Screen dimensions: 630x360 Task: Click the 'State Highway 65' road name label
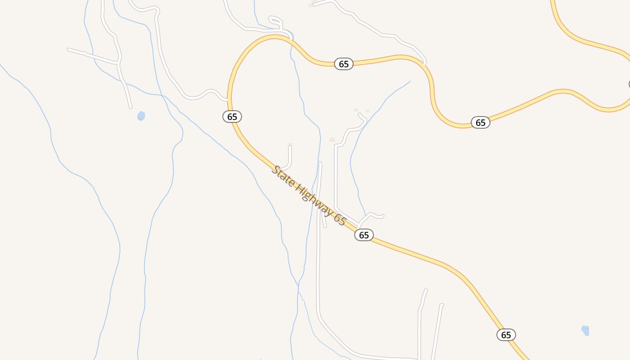tap(309, 196)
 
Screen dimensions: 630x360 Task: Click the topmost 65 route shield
tap(344, 64)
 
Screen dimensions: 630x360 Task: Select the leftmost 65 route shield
tap(232, 117)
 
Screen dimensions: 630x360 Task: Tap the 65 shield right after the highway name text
tap(364, 235)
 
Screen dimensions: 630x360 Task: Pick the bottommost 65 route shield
tap(506, 335)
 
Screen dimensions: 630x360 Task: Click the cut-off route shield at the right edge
tap(629, 84)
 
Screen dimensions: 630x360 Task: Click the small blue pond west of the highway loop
tap(141, 116)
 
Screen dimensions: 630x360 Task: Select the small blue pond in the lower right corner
tap(585, 331)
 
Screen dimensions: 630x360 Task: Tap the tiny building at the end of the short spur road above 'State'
tap(291, 144)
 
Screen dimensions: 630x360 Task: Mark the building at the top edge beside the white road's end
tap(310, 5)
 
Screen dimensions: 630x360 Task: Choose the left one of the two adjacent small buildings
tap(356, 110)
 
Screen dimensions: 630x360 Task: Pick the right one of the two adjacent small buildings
tap(368, 111)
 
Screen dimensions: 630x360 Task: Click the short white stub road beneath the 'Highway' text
tap(324, 219)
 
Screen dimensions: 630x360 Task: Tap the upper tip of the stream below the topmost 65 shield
tap(409, 81)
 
